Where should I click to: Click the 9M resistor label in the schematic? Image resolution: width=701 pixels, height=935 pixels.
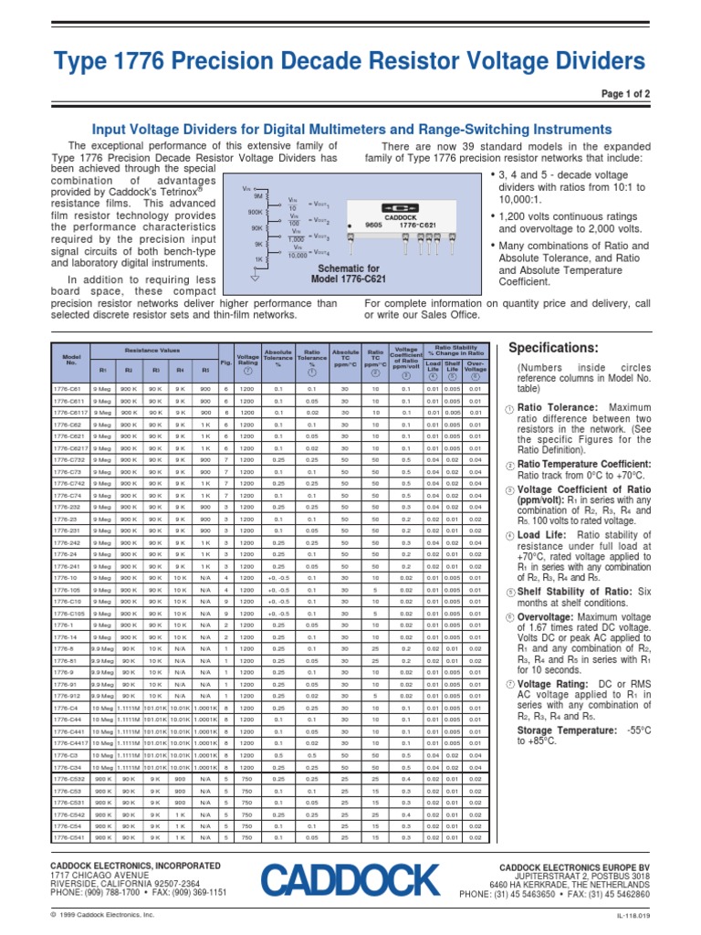pos(258,196)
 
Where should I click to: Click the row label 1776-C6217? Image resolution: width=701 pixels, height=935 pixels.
pos(72,448)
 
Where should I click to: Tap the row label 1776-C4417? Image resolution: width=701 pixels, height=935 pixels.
pos(72,744)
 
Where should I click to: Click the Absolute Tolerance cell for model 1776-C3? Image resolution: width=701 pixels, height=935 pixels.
pos(279,756)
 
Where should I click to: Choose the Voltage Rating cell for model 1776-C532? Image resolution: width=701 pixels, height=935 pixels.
pos(247,780)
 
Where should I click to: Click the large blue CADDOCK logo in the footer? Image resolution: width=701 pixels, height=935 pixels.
pos(350,880)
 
